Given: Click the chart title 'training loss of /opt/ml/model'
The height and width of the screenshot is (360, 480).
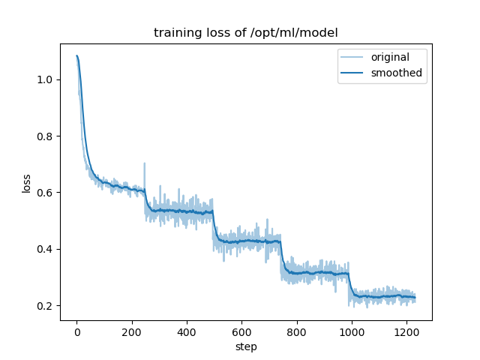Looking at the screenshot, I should click(245, 33).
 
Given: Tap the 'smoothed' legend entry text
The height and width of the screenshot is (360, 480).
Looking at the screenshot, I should click(397, 73).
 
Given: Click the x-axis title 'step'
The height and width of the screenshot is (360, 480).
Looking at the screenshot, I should click(245, 347).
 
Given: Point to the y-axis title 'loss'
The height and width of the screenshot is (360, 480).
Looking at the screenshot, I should click(26, 183).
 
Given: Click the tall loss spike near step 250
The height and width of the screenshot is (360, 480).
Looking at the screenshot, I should click(145, 165).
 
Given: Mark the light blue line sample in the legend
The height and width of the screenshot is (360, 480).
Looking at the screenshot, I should click(353, 58).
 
